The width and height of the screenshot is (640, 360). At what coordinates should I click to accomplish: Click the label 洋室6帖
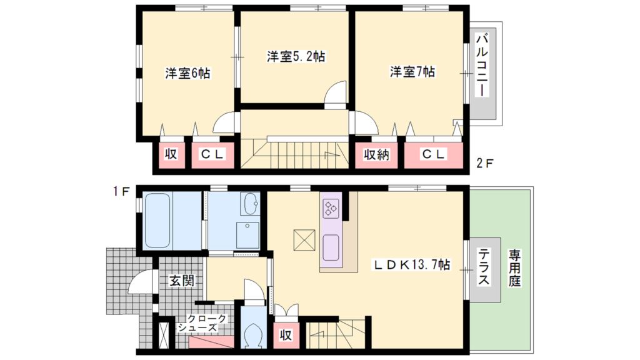(187, 73)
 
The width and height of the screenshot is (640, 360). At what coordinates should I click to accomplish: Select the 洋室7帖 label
(412, 72)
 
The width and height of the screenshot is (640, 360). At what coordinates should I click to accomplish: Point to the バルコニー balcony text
(482, 66)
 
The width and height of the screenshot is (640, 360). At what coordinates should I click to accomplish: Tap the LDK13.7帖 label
(412, 265)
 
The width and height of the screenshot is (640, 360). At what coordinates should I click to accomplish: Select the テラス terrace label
(484, 268)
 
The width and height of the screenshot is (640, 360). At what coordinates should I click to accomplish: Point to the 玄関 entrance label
(181, 281)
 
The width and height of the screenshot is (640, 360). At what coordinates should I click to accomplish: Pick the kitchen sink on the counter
(331, 243)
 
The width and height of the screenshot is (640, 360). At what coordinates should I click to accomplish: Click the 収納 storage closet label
(377, 154)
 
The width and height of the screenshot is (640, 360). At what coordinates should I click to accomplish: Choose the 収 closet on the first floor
(285, 335)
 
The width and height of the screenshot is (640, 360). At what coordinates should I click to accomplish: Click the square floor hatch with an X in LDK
(304, 241)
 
